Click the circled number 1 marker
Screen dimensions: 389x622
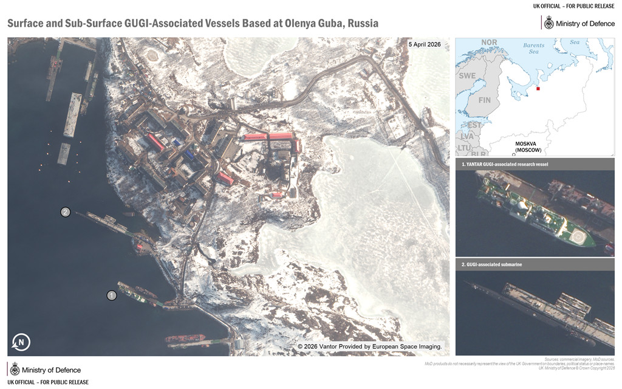[112, 295]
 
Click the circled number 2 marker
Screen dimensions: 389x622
[66, 212]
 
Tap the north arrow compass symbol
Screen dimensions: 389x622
[21, 342]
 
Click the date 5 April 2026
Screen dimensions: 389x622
[425, 45]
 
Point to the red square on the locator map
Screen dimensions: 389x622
[538, 89]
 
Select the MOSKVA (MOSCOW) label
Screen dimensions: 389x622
[528, 146]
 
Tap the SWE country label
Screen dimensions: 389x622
[467, 76]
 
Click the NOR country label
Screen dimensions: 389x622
[489, 43]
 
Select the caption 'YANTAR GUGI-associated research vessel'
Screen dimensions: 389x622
[505, 164]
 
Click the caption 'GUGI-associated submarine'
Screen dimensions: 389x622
[492, 264]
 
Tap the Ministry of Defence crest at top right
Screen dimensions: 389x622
[549, 23]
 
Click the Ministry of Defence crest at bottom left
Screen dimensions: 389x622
[15, 370]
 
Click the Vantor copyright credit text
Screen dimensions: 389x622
[369, 346]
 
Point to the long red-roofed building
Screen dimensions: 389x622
[268, 137]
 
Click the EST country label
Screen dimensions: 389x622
[474, 125]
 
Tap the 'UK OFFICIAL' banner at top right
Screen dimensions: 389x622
[573, 6]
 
